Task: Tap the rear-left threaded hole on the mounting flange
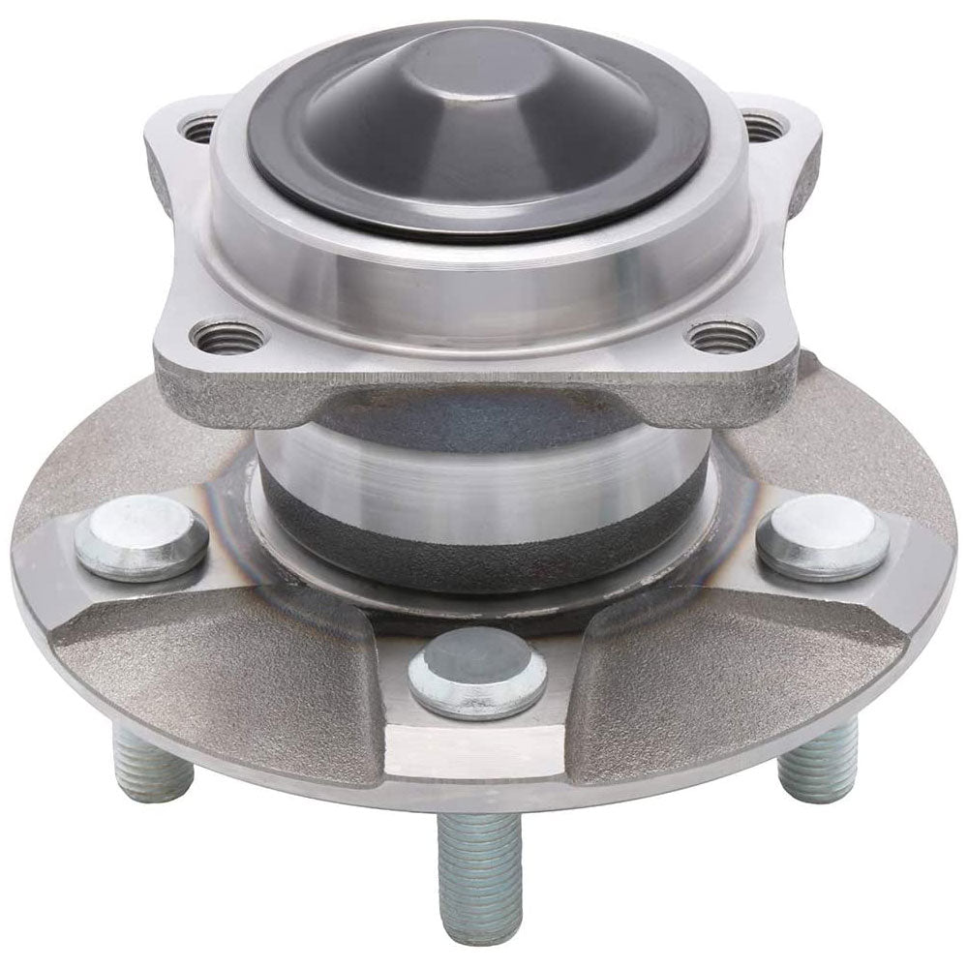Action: click(x=199, y=127)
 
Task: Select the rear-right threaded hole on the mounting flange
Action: click(x=762, y=127)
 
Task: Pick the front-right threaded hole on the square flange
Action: click(x=724, y=336)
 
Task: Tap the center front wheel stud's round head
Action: click(x=477, y=672)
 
